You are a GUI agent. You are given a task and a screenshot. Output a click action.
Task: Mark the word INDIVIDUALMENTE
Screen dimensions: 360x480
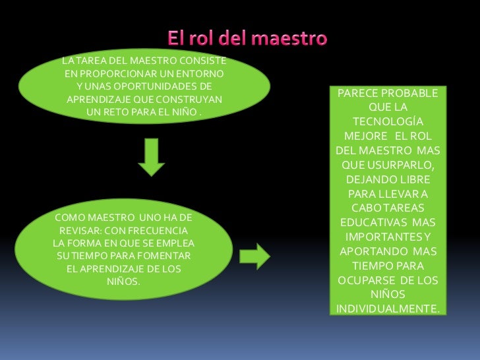(x=388, y=309)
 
